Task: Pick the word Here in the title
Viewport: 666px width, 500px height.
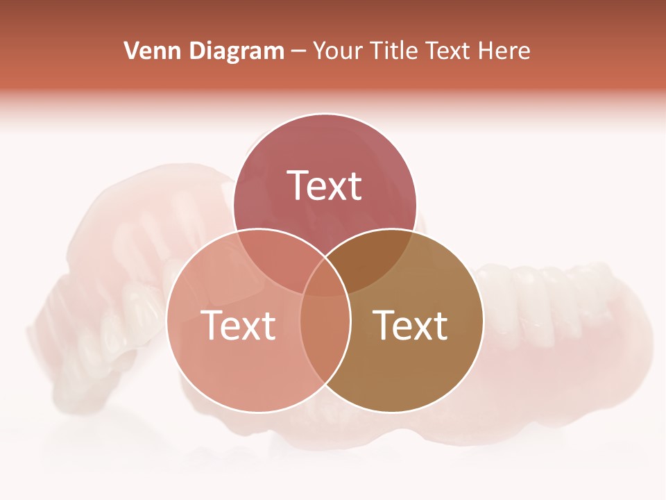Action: click(507, 51)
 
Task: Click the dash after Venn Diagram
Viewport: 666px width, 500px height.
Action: click(298, 51)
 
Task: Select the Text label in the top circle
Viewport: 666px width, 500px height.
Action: click(325, 185)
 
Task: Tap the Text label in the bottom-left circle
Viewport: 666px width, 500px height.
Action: click(238, 324)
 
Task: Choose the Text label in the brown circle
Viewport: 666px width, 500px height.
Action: click(411, 324)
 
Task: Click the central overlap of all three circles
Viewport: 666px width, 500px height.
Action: click(325, 278)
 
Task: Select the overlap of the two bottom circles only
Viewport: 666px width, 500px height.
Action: click(325, 340)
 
